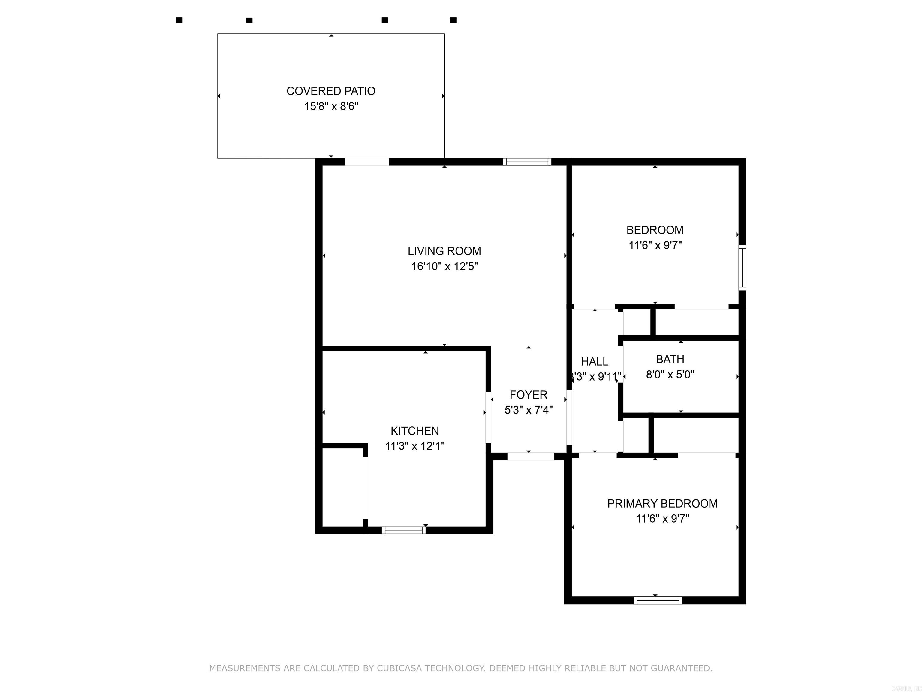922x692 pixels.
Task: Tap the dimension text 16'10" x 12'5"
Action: click(x=444, y=266)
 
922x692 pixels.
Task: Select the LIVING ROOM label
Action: click(x=444, y=251)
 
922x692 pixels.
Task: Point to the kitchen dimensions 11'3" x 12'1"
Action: click(x=415, y=446)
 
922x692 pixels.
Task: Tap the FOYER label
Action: click(x=528, y=395)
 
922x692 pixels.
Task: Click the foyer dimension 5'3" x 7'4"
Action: click(x=529, y=410)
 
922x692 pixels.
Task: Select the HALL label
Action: click(x=594, y=362)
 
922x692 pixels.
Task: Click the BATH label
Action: click(x=670, y=359)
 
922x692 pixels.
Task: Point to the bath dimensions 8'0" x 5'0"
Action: click(x=670, y=375)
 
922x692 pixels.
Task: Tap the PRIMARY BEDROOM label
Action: click(x=662, y=503)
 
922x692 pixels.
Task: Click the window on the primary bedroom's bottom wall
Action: click(x=658, y=600)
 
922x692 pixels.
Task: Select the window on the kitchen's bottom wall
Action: click(x=403, y=530)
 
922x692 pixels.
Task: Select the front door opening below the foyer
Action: click(x=530, y=456)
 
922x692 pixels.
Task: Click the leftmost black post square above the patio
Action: click(x=179, y=20)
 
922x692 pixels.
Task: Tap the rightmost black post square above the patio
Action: click(x=453, y=20)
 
